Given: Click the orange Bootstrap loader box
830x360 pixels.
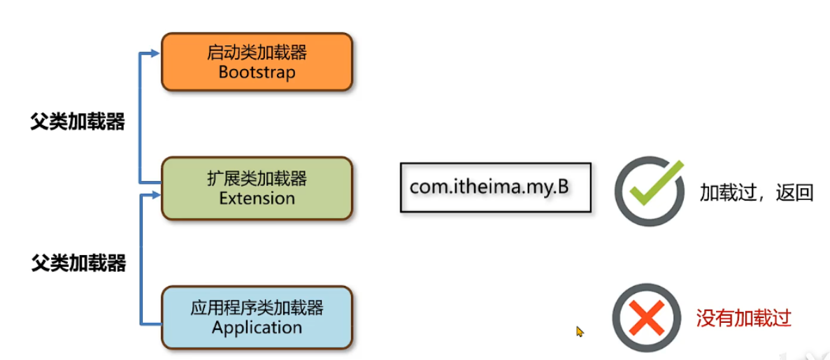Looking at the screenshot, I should pos(257,62).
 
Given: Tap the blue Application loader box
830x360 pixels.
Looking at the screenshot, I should pos(257,317).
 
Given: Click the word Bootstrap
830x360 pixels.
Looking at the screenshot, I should pos(257,72).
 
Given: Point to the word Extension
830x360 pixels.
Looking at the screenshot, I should pos(257,199).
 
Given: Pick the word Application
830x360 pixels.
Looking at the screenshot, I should pos(257,327).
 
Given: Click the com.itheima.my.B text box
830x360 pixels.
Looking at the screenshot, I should pos(495,187).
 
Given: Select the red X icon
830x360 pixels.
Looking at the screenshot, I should pos(646,318).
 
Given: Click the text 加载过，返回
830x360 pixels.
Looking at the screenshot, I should pos(756,193).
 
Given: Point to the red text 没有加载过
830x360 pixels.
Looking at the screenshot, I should pos(743,319).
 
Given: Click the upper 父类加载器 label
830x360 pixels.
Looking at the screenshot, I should pos(78,122).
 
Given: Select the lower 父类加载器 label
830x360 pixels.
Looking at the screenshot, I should pos(78,264).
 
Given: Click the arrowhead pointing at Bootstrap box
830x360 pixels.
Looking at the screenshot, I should pos(155,52).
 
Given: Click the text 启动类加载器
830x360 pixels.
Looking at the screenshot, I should pos(257,53).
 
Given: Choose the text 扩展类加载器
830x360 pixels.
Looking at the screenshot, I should pos(257,180).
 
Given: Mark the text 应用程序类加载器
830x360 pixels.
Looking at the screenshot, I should pos(257,308).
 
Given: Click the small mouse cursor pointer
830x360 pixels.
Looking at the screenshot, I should pos(579,331).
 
